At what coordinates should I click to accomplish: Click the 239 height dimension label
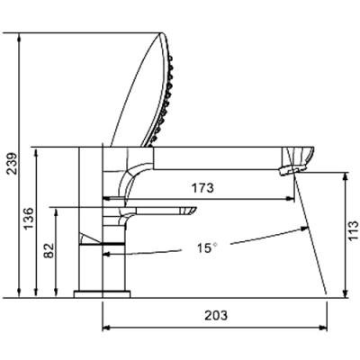pyautogui.click(x=12, y=164)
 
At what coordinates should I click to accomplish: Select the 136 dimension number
pyautogui.click(x=29, y=219)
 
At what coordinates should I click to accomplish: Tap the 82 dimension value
pyautogui.click(x=49, y=250)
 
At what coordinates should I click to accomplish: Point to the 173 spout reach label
pyautogui.click(x=202, y=188)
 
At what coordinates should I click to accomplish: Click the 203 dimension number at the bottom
pyautogui.click(x=216, y=315)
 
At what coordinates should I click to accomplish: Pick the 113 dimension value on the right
pyautogui.click(x=354, y=230)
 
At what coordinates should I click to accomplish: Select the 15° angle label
pyautogui.click(x=207, y=247)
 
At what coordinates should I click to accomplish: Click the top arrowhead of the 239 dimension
pyautogui.click(x=20, y=38)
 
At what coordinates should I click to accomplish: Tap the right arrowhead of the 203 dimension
pyautogui.click(x=323, y=328)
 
